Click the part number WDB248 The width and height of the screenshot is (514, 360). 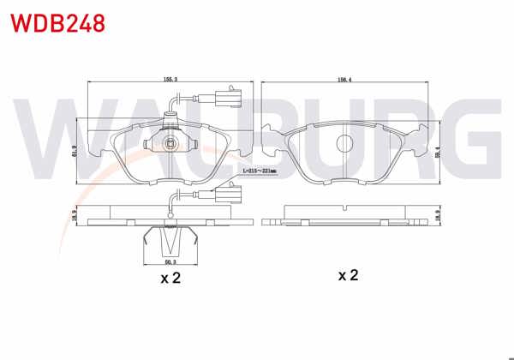coord(58,23)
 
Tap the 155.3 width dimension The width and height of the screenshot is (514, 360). coord(170,80)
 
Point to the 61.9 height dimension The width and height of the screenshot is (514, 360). coord(75,152)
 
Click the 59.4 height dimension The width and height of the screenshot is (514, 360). coord(439,152)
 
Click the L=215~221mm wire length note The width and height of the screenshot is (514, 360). coord(258,172)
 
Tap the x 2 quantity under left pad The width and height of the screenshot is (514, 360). coord(170,278)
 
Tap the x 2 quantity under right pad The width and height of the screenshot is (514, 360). coord(347,275)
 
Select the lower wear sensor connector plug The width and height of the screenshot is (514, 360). coord(229,191)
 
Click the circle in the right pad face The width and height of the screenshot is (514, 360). coord(346,142)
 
